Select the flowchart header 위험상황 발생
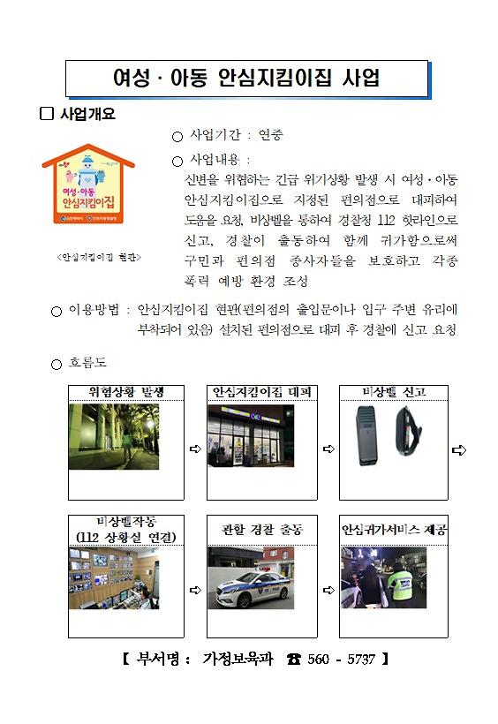pyautogui.click(x=125, y=391)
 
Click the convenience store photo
pyautogui.click(x=250, y=436)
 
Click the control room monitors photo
pyautogui.click(x=113, y=578)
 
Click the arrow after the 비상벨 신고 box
pyautogui.click(x=458, y=450)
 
